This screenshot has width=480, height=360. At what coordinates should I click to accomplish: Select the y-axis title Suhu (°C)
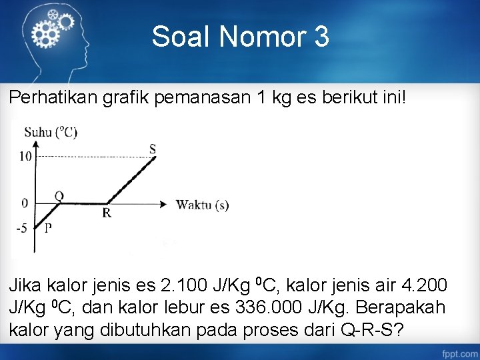(x=51, y=132)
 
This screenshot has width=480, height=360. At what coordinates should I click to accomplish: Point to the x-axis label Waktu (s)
(x=202, y=205)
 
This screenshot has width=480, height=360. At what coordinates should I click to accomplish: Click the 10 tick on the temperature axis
(x=25, y=157)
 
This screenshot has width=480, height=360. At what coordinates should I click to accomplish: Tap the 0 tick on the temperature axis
(x=25, y=203)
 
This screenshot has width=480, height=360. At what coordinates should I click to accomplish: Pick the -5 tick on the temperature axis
(x=23, y=228)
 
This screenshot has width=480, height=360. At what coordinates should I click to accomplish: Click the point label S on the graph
(x=153, y=149)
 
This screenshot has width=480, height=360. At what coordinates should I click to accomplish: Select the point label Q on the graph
(x=59, y=196)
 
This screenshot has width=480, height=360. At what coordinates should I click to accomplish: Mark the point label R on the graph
(x=107, y=213)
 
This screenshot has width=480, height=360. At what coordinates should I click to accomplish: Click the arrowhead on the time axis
(x=162, y=204)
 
